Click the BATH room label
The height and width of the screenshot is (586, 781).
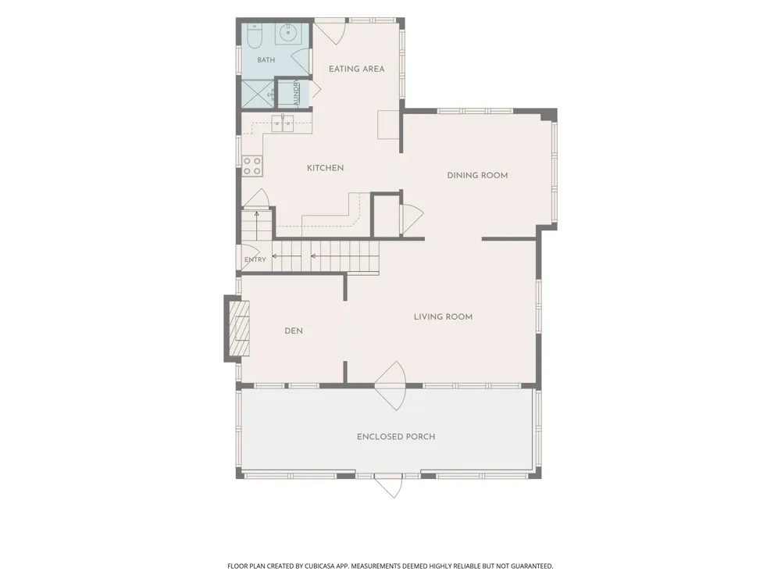pos(266,60)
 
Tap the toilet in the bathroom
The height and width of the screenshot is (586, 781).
pos(253,37)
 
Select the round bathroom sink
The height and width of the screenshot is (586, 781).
pos(288,34)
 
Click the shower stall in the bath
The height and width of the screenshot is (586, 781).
pos(258,94)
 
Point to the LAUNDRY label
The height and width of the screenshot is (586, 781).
pos(296,93)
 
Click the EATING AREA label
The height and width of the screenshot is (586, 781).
pos(357,69)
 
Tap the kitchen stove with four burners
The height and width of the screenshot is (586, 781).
pos(252,166)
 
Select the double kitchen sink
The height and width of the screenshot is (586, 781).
pos(283,123)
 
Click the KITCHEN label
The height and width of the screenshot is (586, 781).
pos(325,168)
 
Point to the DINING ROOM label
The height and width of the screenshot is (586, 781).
pos(478,175)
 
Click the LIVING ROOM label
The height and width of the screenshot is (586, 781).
pos(444,317)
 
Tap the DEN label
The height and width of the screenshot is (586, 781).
pos(294,331)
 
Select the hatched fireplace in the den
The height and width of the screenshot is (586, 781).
pos(239,328)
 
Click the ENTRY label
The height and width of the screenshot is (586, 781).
pos(255,259)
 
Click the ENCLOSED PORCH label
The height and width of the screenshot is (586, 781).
pos(396,437)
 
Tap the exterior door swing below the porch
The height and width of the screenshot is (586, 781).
pos(388,486)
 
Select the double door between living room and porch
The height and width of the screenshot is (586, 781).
pos(390,385)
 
